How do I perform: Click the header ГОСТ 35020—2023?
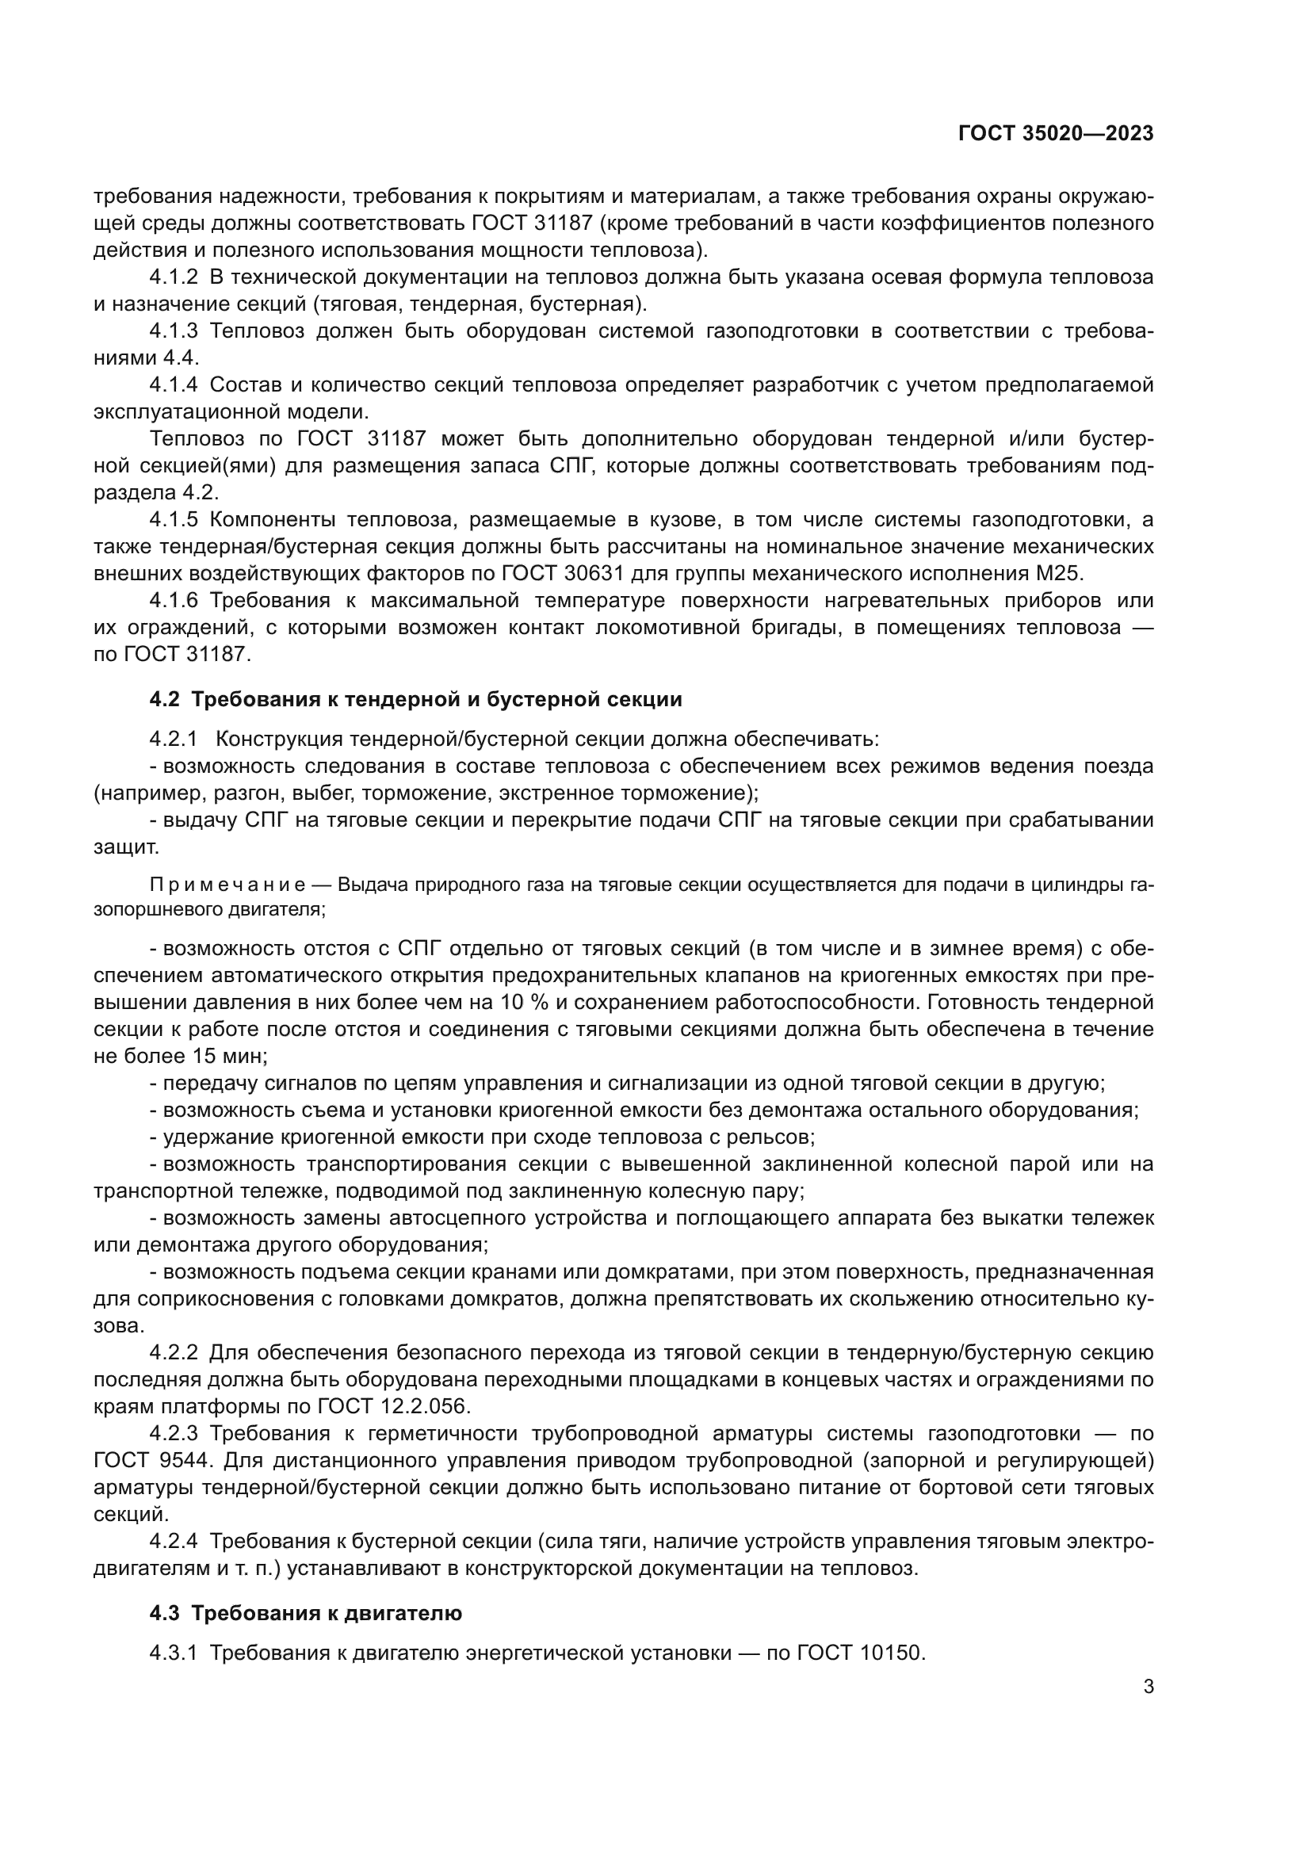[1055, 134]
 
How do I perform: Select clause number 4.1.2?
[173, 277]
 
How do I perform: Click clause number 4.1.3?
[173, 331]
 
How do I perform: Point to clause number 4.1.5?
[173, 519]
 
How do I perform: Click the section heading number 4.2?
[164, 699]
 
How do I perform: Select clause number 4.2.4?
[173, 1541]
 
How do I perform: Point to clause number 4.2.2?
[173, 1352]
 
